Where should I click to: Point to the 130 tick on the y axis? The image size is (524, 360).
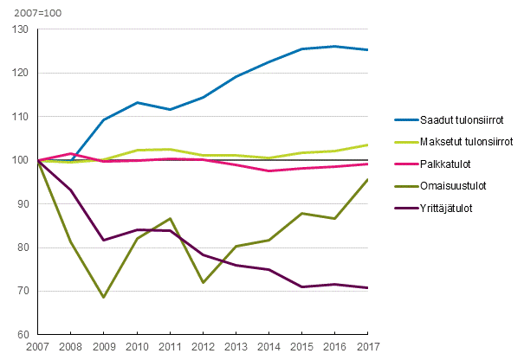tap(19, 30)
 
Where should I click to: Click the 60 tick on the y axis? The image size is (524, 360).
tap(22, 335)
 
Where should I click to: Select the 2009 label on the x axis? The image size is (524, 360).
tap(103, 347)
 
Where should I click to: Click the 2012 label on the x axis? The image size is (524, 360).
tap(203, 347)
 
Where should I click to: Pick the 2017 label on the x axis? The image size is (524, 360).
tap(367, 347)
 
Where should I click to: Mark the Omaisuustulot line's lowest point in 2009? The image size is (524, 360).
tap(103, 297)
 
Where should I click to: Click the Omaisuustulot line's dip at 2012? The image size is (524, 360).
tap(203, 282)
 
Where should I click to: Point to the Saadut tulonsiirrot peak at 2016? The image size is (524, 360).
tap(335, 46)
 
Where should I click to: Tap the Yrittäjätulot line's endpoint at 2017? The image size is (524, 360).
tap(367, 287)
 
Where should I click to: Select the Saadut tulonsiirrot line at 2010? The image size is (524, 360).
tap(136, 103)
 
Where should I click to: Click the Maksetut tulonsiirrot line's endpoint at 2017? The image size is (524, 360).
tap(367, 145)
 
